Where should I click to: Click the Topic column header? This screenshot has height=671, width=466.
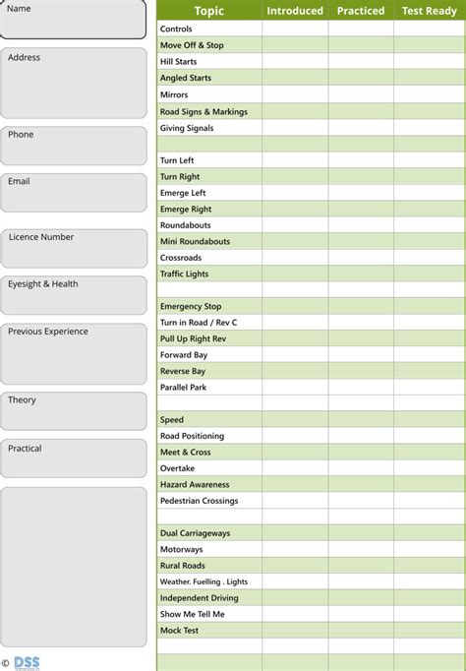pyautogui.click(x=208, y=11)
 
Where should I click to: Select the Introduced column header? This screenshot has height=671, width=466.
pyautogui.click(x=295, y=11)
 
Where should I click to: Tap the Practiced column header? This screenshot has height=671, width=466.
pyautogui.click(x=361, y=11)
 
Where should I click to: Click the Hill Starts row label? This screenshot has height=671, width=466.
pyautogui.click(x=180, y=61)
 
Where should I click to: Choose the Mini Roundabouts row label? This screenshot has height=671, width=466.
pyautogui.click(x=195, y=241)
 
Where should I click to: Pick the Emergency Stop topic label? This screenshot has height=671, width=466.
pyautogui.click(x=191, y=306)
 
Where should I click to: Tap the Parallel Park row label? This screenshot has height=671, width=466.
pyautogui.click(x=184, y=388)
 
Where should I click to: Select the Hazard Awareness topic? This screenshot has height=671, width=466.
pyautogui.click(x=195, y=484)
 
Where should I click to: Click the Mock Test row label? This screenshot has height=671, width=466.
pyautogui.click(x=180, y=630)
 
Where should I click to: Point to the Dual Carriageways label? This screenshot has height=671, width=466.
pyautogui.click(x=195, y=533)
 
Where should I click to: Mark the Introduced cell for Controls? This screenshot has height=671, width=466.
pyautogui.click(x=295, y=29)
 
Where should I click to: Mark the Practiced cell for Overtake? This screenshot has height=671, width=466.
pyautogui.click(x=361, y=468)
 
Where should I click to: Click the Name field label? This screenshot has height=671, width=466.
pyautogui.click(x=20, y=9)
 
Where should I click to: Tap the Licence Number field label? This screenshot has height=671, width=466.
pyautogui.click(x=41, y=237)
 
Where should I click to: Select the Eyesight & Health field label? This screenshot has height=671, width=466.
pyautogui.click(x=43, y=284)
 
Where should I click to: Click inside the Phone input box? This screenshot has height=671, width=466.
pyautogui.click(x=74, y=148)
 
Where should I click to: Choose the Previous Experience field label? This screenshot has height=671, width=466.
pyautogui.click(x=48, y=332)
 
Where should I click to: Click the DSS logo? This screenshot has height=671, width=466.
pyautogui.click(x=27, y=662)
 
